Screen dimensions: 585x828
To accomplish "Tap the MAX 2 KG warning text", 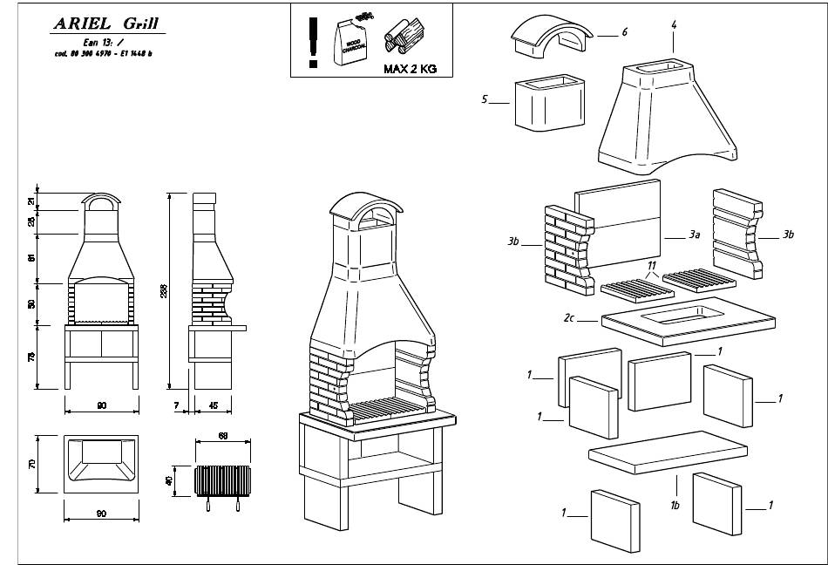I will point(410,69).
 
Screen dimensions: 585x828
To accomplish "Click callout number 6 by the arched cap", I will point(625,32).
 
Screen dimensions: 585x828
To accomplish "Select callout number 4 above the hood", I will point(674,24).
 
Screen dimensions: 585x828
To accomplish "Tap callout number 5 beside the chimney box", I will point(485,100).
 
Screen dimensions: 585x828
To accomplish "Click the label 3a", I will point(695,235).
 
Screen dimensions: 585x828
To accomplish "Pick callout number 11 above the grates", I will point(650,263).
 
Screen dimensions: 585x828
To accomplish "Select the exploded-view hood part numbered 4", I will point(668,118).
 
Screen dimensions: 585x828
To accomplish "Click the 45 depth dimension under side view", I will point(214,405).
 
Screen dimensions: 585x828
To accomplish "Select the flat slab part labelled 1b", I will point(667,452).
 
